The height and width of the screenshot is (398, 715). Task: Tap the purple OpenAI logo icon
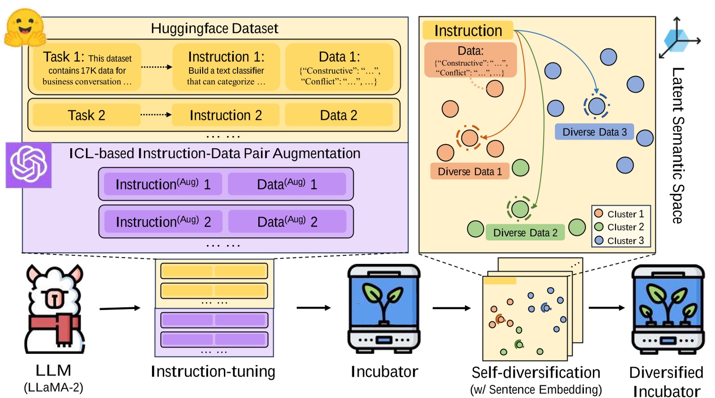coord(28,165)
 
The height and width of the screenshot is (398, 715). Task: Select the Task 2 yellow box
coord(86,115)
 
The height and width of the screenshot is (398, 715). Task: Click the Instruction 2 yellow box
coord(226,115)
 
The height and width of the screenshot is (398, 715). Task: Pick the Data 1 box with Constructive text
coord(339,68)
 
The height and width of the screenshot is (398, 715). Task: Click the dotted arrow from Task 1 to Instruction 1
coord(156,67)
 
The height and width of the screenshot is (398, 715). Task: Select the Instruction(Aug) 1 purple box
coord(163,184)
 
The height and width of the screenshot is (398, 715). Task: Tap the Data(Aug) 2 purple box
coord(287,222)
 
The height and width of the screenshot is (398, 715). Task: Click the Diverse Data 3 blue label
coord(594,132)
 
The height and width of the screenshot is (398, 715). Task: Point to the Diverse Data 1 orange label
coord(469,172)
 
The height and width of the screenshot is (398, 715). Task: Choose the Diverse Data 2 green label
coord(525,233)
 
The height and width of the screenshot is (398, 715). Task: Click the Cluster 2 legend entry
coord(620,227)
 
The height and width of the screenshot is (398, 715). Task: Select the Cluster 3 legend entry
coord(620,241)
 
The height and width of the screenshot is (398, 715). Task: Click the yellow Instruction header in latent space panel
coord(468,31)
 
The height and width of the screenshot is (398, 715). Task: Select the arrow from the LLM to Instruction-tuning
coord(120,308)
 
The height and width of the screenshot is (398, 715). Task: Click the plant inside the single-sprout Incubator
coord(384,300)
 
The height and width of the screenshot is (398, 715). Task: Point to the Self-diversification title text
coord(535,372)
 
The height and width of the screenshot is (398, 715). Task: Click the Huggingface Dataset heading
coord(214,28)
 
